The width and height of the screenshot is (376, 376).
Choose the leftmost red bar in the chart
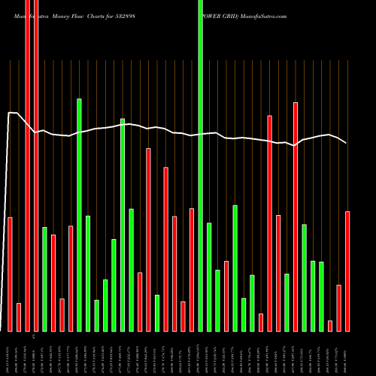[x=10, y=274]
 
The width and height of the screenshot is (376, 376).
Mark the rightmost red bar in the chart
[x=347, y=271]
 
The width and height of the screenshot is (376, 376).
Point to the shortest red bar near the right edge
[x=330, y=326]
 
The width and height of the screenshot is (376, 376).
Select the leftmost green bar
[x=44, y=278]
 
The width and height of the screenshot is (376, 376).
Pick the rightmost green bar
[x=321, y=296]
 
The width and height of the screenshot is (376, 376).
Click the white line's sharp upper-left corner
[x=9, y=113]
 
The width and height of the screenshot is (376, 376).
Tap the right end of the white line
[x=347, y=143]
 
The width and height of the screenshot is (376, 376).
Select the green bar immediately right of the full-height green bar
[x=209, y=277]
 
